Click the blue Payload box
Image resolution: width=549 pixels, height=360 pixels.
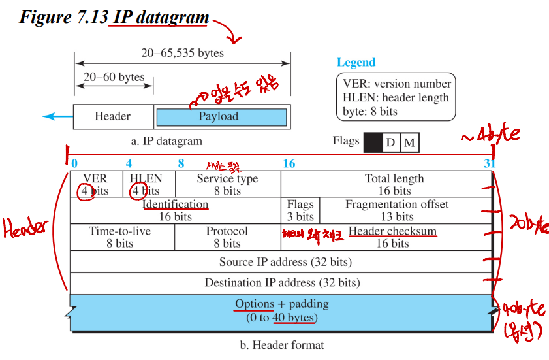coord(221,117)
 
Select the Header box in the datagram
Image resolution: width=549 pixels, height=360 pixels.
coord(113,117)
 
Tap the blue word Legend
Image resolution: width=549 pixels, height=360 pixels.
coord(356,63)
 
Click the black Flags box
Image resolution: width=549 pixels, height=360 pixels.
coord(373,142)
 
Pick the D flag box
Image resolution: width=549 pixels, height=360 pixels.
coord(390,142)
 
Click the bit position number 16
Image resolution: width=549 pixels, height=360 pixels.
coord(289,163)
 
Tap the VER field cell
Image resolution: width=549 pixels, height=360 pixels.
coord(95,184)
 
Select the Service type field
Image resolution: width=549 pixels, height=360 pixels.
coord(227,184)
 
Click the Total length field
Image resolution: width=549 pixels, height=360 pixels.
coord(394,184)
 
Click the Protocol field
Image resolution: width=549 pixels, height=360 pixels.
coord(227,237)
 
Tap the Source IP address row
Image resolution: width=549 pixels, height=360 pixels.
coord(280,262)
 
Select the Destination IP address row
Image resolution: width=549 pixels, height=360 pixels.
coord(280,283)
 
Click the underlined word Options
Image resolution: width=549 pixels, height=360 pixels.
coord(255,304)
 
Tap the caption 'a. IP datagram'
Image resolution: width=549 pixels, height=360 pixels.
coord(166,140)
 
